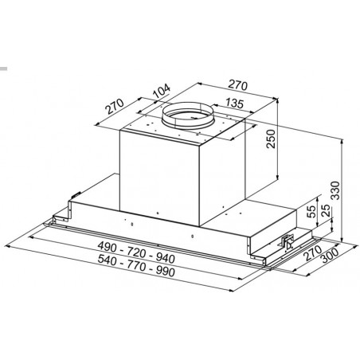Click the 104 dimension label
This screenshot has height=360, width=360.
162,91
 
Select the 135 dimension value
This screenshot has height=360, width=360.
234,103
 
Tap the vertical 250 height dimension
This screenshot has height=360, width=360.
271,139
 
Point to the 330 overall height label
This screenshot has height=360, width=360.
335,190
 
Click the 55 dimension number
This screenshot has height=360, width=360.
311,211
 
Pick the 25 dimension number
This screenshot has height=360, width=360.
327,210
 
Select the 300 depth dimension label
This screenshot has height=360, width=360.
330,255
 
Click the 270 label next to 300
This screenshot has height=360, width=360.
313,253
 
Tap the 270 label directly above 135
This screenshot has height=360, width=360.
238,85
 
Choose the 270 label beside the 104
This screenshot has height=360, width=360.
115,106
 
